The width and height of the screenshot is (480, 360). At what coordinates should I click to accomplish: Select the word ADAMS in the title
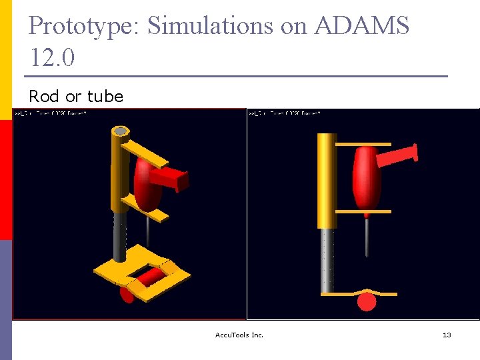pyautogui.click(x=361, y=26)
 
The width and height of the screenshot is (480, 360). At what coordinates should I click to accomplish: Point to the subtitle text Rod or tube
pyautogui.click(x=76, y=97)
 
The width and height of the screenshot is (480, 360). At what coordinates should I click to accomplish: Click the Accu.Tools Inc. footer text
pyautogui.click(x=240, y=335)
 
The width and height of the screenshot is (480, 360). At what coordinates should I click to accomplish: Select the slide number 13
pyautogui.click(x=447, y=335)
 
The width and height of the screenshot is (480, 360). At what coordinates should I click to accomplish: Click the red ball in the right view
pyautogui.click(x=367, y=302)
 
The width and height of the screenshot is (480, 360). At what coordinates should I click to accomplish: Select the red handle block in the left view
pyautogui.click(x=171, y=179)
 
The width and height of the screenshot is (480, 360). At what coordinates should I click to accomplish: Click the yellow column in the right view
pyautogui.click(x=327, y=180)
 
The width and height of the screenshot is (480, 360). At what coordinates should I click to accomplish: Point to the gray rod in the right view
pyautogui.click(x=327, y=260)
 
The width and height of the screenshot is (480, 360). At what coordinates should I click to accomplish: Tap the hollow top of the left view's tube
pyautogui.click(x=121, y=131)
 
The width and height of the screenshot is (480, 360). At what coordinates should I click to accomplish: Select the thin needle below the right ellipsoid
pyautogui.click(x=366, y=237)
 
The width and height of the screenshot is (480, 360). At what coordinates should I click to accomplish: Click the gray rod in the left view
pyautogui.click(x=120, y=237)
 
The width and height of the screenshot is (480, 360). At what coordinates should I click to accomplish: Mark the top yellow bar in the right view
pyautogui.click(x=363, y=144)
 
